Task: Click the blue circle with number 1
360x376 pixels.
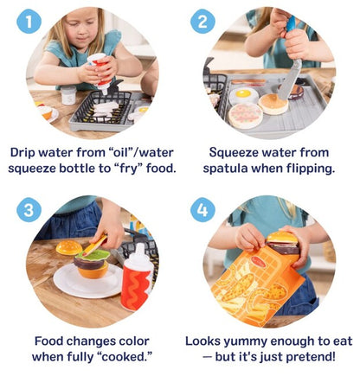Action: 29,22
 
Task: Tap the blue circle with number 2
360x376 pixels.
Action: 203,22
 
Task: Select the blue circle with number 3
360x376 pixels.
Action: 29,211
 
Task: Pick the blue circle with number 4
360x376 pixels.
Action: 203,211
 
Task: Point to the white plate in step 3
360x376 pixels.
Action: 87,281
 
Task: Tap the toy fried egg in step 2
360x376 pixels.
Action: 243,93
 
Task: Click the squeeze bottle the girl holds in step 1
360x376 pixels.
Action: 102,73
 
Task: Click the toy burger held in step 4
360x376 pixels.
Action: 281,241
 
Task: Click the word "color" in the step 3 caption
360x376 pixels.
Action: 127,341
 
